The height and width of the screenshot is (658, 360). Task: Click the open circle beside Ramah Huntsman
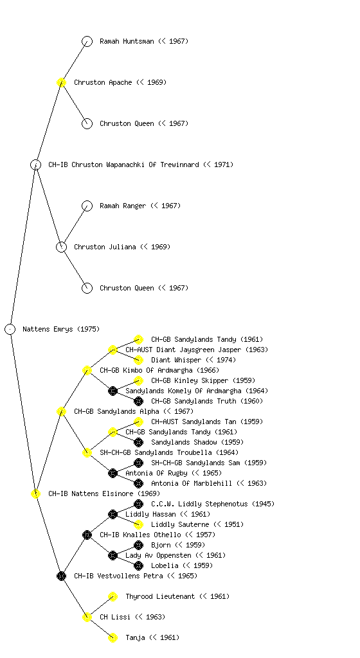87,41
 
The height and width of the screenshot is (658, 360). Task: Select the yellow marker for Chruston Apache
61,82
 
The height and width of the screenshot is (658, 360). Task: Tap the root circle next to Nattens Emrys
10,329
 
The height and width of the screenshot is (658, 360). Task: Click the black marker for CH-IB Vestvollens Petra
61,576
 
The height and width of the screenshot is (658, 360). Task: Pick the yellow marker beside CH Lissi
87,617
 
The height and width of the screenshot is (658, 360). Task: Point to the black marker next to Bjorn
138,545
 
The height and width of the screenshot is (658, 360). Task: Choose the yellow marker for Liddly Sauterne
138,524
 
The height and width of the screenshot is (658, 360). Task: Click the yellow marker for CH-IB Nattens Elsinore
35,493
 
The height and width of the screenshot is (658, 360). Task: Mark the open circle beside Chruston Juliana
61,247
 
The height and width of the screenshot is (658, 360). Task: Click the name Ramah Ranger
123,206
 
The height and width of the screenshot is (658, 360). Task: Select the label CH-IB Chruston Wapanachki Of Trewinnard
123,164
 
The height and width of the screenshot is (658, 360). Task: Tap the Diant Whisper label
175,360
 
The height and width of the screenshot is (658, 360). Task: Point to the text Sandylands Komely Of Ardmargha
183,391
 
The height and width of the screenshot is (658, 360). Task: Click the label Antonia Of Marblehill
192,483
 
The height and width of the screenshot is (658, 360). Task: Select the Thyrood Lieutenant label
160,596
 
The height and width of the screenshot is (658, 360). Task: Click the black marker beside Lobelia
138,565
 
